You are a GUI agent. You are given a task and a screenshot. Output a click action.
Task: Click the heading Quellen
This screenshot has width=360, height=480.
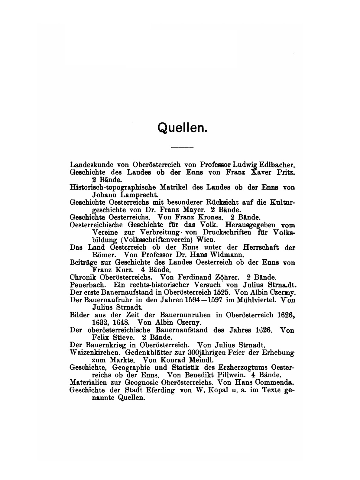[182, 128]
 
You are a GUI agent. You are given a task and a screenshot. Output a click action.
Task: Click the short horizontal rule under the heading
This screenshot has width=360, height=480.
[182, 147]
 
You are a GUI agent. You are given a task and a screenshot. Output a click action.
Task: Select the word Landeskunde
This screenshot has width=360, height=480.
[87, 165]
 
